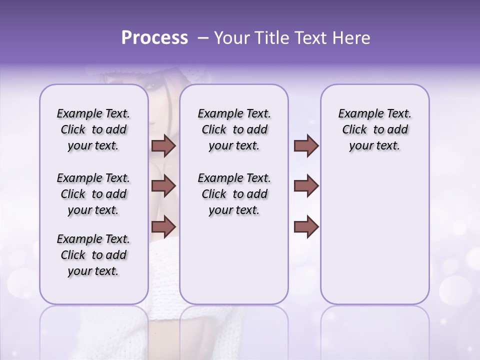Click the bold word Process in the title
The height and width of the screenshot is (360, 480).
point(154,38)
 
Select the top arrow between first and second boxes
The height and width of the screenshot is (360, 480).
point(163,146)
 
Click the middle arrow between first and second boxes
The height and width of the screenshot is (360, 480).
point(163,186)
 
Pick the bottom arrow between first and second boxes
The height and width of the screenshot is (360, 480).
point(163,226)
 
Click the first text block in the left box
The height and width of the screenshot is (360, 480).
point(93,129)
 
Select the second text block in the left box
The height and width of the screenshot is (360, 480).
point(93,194)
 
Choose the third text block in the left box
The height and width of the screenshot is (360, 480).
point(93,255)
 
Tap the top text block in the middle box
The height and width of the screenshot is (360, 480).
point(234,129)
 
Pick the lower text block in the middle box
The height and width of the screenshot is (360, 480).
point(234,194)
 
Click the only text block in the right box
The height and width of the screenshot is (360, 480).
point(374,129)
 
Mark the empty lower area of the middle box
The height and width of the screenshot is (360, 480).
point(234,260)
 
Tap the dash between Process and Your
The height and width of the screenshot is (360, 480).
point(202,38)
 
